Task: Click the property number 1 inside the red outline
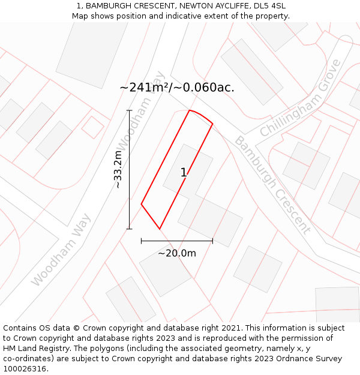(184, 173)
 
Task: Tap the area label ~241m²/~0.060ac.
(177, 88)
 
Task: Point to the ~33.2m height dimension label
(118, 169)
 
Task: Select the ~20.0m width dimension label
(177, 253)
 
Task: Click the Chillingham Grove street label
(301, 98)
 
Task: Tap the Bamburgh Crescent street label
(272, 184)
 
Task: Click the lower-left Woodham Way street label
(61, 250)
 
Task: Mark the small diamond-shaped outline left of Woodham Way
(92, 127)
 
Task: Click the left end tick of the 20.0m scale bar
(141, 241)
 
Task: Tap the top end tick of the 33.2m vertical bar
(129, 110)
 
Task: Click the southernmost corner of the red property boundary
(160, 229)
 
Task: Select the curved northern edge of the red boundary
(202, 116)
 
